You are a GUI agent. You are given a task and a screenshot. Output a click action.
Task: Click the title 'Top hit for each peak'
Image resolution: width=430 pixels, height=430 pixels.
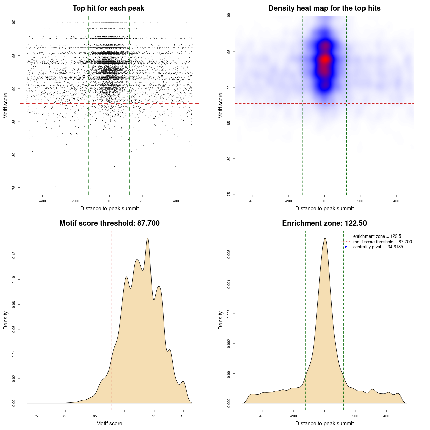109,8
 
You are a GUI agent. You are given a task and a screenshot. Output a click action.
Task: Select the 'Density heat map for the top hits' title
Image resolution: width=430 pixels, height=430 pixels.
324,8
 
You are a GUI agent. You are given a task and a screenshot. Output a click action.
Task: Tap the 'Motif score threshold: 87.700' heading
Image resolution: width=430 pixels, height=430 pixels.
109,223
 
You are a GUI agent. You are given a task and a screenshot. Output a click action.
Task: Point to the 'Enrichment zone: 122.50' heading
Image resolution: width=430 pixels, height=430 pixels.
324,223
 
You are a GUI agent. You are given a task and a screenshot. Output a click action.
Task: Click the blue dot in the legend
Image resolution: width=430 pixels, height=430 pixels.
346,247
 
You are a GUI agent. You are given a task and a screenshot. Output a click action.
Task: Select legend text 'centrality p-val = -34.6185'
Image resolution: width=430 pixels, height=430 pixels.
378,247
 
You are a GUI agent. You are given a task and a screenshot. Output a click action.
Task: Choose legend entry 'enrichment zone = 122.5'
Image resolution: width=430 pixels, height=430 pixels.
377,236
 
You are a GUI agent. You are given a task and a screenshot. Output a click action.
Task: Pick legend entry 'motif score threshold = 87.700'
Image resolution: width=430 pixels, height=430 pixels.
382,242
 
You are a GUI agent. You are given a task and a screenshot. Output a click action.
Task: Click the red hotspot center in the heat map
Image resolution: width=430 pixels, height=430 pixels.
325,59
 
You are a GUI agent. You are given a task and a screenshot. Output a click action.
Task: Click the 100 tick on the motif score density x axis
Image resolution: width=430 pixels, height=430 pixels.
183,416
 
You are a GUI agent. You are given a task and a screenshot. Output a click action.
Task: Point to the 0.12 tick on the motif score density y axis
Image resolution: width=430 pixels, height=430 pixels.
14,255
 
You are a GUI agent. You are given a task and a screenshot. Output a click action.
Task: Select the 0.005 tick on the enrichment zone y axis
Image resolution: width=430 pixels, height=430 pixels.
229,255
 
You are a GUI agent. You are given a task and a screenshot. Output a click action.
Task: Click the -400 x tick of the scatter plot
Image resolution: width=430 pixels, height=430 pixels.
42,201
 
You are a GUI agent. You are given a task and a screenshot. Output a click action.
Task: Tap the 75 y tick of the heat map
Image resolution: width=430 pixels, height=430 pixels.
229,194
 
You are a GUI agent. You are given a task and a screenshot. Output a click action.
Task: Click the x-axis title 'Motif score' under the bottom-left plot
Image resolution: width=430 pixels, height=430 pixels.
109,423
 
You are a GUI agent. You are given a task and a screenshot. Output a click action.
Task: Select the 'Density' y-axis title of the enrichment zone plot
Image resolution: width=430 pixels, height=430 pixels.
221,320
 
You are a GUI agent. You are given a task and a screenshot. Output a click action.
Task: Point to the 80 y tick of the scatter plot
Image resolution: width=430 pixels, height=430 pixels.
14,155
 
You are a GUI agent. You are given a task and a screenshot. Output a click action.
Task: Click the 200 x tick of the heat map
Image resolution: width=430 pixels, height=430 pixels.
360,201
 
